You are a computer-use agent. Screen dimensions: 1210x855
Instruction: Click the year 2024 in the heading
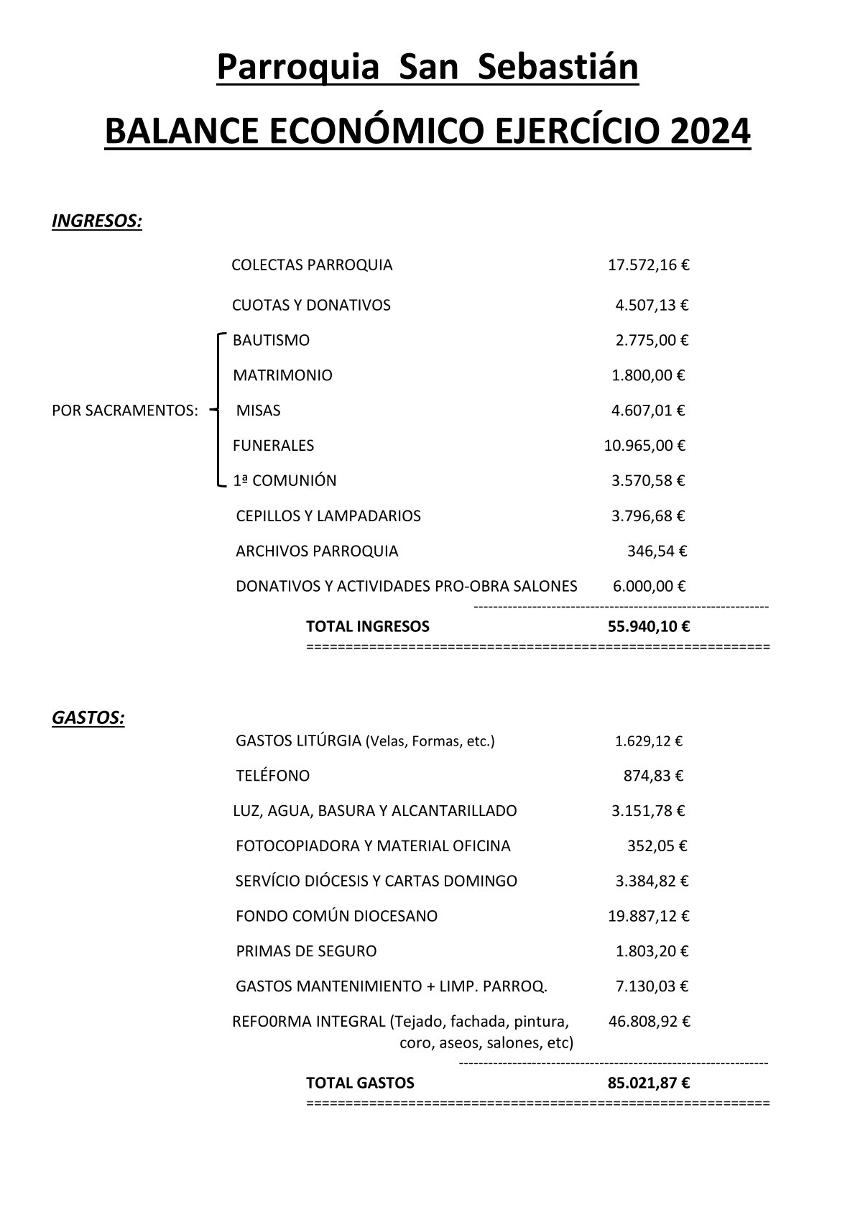[710, 132]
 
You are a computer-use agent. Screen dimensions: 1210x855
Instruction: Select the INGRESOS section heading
[97, 221]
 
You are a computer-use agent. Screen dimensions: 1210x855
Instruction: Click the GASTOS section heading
[88, 718]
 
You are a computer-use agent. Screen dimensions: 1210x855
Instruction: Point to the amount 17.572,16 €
[648, 265]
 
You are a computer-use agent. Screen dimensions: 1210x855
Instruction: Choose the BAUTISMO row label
[271, 341]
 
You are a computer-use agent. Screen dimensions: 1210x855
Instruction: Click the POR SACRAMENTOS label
[125, 411]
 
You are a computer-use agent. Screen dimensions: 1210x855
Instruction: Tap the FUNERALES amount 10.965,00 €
[644, 446]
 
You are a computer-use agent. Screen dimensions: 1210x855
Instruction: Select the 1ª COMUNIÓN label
[285, 481]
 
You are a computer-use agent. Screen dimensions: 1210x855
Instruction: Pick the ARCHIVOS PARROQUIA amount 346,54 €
[657, 551]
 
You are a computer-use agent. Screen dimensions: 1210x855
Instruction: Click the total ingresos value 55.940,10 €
[648, 626]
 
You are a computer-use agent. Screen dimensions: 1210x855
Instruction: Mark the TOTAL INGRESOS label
[367, 626]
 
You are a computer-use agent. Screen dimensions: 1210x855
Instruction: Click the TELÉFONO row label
[272, 776]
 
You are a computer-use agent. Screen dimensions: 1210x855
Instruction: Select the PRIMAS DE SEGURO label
[306, 952]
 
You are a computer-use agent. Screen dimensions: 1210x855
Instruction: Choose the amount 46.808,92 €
[648, 1022]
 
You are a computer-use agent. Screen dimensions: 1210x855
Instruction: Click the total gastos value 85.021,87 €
[648, 1083]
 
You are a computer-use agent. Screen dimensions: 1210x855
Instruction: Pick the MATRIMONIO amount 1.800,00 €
[647, 375]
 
